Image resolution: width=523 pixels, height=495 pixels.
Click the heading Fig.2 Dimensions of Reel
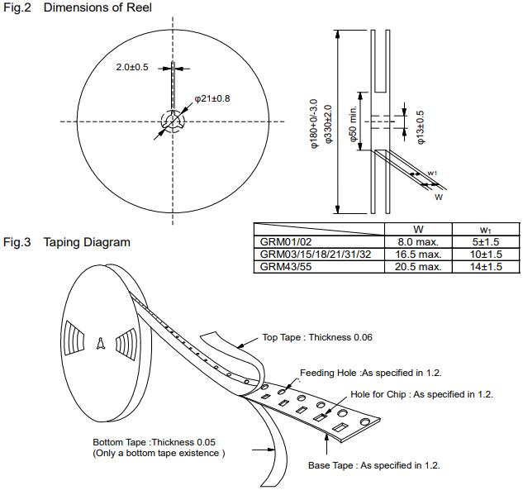(78, 8)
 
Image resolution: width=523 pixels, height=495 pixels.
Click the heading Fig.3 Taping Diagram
(67, 242)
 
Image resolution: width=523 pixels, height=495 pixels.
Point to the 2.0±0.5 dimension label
(132, 67)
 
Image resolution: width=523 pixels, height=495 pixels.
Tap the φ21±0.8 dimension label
(212, 98)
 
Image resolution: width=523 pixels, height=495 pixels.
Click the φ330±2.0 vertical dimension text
(328, 125)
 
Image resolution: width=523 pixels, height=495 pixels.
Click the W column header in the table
(418, 229)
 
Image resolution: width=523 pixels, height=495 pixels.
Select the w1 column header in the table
(487, 229)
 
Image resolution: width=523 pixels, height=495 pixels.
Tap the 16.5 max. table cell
(418, 255)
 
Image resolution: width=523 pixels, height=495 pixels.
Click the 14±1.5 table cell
(487, 267)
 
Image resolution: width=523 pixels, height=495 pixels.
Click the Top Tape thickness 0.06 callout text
(316, 337)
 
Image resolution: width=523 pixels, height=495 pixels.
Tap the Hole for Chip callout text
(421, 394)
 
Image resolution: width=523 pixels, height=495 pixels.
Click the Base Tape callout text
(373, 466)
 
